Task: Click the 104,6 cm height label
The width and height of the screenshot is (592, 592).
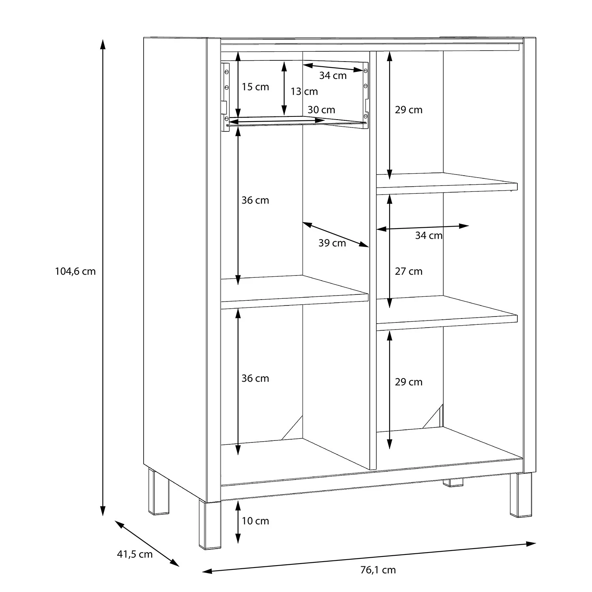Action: (75, 272)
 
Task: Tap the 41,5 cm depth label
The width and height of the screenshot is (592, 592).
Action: (135, 554)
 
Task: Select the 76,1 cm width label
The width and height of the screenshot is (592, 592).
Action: (378, 570)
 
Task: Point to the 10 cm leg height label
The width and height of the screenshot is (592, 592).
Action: (255, 521)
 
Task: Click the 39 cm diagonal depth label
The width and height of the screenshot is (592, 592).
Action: (332, 243)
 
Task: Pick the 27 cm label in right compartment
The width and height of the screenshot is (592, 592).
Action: (408, 272)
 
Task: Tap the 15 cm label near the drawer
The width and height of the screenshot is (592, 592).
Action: (255, 87)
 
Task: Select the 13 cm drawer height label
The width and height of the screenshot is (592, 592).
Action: (304, 92)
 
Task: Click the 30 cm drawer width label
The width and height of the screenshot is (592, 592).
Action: (321, 110)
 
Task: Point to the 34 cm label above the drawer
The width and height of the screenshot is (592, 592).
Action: (333, 75)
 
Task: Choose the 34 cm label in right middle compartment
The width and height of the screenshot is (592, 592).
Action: (429, 236)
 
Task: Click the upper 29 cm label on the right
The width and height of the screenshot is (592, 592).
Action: (408, 110)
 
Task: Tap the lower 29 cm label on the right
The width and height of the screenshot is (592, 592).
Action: (408, 382)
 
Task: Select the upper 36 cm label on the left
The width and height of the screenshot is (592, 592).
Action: (255, 200)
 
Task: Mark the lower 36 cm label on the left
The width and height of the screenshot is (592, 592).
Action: (255, 378)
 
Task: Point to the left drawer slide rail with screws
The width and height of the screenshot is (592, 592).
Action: (225, 95)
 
